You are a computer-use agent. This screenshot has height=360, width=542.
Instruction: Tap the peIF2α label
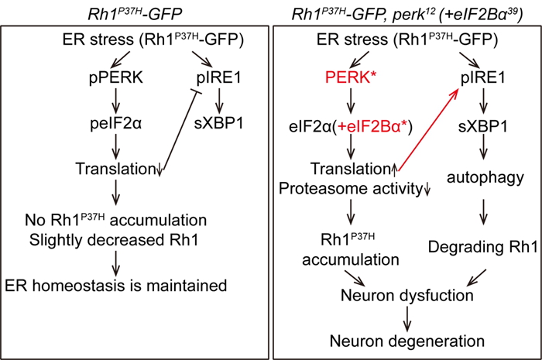point(115,124)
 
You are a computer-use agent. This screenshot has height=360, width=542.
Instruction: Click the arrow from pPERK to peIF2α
point(115,101)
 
